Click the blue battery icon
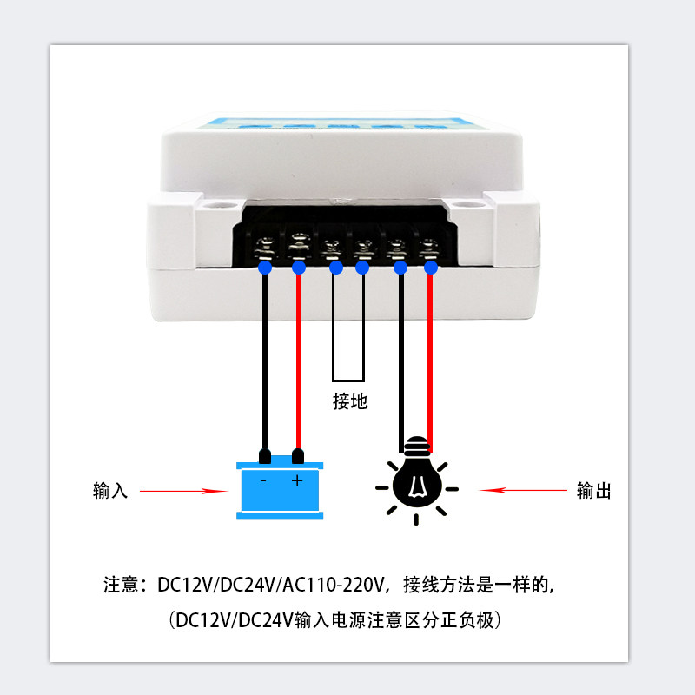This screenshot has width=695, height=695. (281, 489)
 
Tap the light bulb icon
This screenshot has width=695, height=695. (415, 482)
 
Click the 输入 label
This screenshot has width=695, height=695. (110, 491)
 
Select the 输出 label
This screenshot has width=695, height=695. (594, 491)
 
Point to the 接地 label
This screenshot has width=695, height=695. (351, 401)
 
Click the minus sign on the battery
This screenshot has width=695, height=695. (264, 480)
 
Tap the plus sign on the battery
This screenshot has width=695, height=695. (297, 480)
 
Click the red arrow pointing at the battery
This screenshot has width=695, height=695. (183, 491)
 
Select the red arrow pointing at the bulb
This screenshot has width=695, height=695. (522, 491)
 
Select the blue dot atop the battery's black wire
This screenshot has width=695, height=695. (265, 268)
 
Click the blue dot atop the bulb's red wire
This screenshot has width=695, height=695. (431, 268)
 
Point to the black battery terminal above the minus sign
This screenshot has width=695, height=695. (265, 455)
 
